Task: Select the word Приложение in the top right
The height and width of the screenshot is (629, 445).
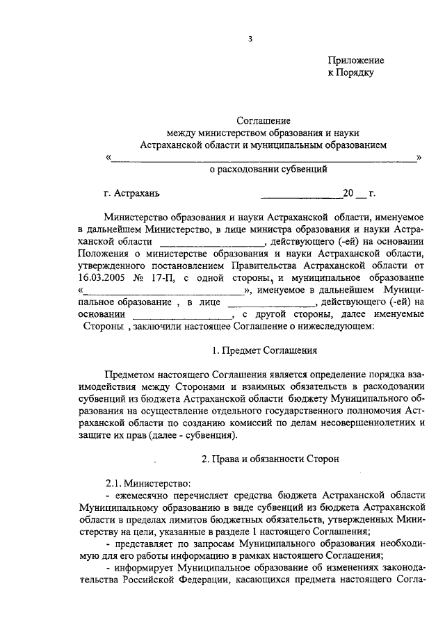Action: coord(355,60)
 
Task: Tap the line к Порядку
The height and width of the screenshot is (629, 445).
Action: coord(351,72)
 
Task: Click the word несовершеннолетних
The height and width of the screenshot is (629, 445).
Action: coord(366,423)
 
